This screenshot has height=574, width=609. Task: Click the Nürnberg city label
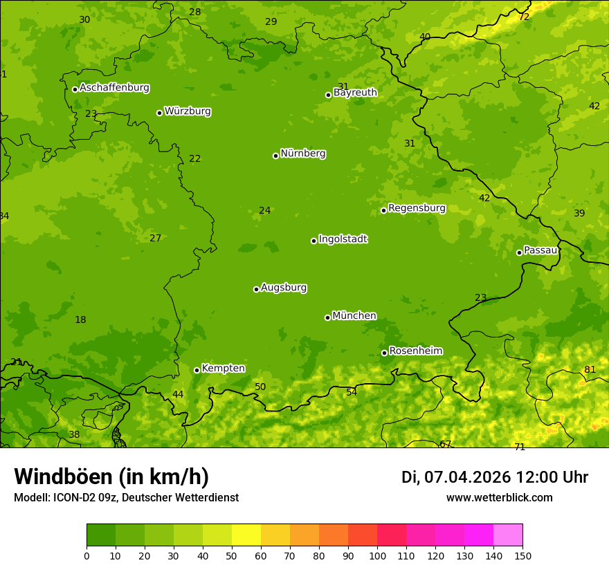[303, 154]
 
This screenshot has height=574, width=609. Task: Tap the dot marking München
[327, 317]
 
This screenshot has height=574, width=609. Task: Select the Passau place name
[540, 250]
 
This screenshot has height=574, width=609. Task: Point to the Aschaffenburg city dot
[75, 89]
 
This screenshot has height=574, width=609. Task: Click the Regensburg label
[417, 208]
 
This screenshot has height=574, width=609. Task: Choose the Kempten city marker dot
[197, 370]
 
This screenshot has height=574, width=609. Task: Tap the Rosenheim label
[415, 351]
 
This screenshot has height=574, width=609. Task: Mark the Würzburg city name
[188, 111]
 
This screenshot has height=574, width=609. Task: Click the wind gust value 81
[590, 369]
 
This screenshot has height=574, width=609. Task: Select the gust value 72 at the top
[524, 17]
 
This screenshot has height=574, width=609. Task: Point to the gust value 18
[80, 320]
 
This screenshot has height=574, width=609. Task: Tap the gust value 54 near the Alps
[352, 392]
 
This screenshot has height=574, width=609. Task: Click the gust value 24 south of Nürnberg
[264, 210]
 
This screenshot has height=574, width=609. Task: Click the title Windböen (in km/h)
[111, 476]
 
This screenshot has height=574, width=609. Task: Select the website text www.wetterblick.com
[499, 498]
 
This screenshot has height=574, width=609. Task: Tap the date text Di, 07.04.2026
[456, 477]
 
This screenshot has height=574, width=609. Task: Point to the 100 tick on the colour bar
[377, 556]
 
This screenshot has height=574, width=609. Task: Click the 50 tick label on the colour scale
[232, 556]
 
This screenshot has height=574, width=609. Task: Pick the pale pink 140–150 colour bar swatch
[508, 535]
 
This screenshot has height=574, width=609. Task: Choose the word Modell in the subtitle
[30, 498]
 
